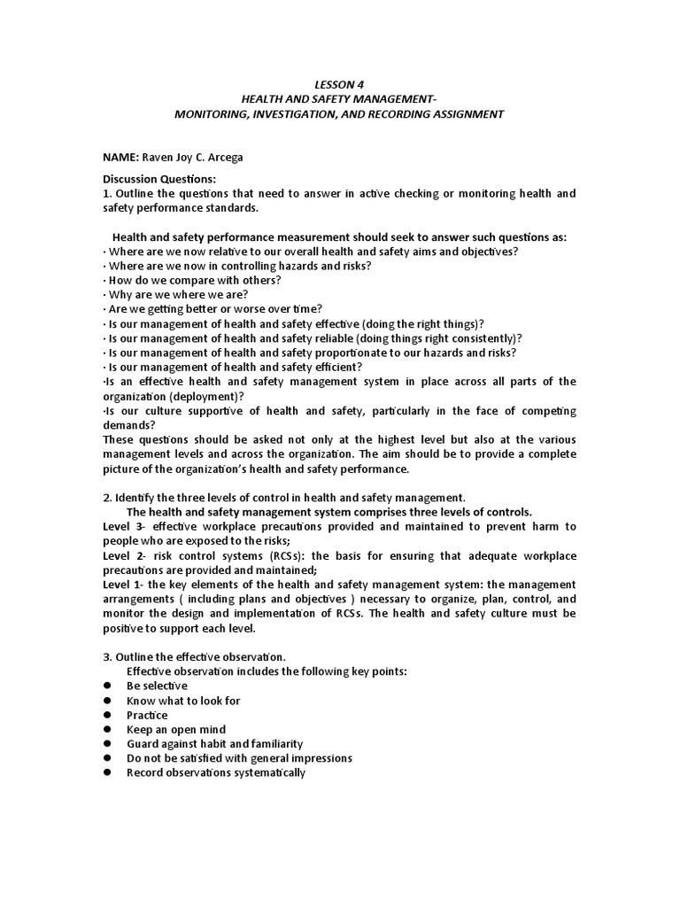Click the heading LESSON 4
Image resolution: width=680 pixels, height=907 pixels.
[339, 85]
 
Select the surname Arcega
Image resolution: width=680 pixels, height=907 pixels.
[224, 158]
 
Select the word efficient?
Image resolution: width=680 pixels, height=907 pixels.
[335, 367]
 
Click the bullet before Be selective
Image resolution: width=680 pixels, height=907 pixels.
[107, 686]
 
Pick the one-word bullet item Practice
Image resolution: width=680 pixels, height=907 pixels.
[147, 715]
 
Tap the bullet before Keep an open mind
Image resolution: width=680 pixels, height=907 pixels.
[107, 729]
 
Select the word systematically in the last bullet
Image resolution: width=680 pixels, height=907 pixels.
[261, 772]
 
